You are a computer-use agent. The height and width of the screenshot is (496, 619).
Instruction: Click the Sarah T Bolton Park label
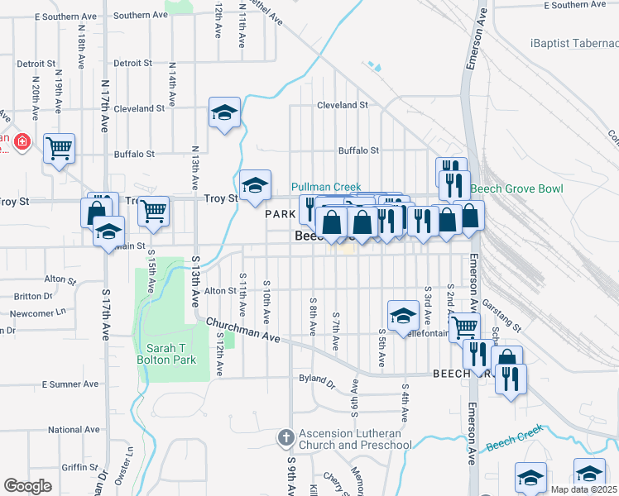171,354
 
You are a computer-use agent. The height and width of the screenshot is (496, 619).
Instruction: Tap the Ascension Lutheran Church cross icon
286,436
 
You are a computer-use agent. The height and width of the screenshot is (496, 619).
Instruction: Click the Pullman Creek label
326,188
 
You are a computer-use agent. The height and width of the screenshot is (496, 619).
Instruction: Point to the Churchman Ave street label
245,331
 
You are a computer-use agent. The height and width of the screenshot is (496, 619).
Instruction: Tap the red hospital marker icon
22,143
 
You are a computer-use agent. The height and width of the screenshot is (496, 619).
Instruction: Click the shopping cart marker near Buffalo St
60,149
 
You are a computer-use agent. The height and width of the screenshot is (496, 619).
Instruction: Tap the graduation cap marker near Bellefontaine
402,314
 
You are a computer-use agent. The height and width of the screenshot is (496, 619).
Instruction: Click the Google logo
27,486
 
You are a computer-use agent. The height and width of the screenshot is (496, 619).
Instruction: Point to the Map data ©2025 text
583,489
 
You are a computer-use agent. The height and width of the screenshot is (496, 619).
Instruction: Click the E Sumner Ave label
70,384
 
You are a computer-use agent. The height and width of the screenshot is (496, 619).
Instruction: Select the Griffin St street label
80,467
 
